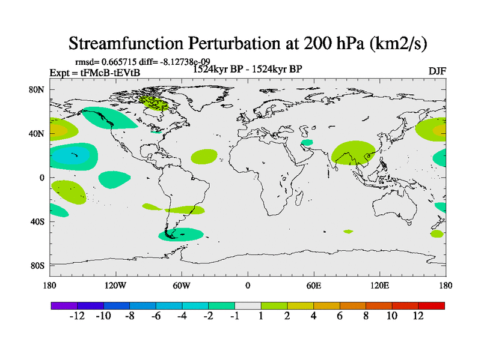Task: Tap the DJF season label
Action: (x=437, y=71)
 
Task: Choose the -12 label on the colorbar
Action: (x=78, y=316)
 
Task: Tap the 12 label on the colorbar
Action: (x=418, y=316)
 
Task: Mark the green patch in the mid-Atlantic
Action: (x=204, y=157)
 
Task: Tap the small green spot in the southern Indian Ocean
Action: (x=348, y=232)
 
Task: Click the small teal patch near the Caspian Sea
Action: (x=307, y=143)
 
